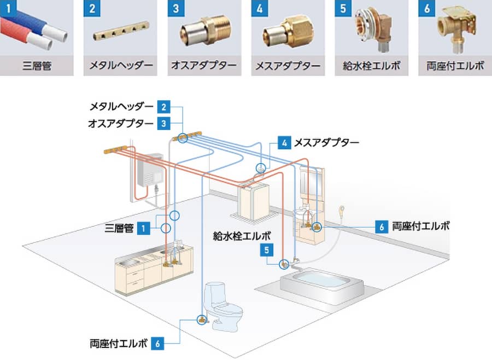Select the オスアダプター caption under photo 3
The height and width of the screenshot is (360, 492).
(204, 67)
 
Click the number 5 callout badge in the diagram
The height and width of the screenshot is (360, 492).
(266, 250)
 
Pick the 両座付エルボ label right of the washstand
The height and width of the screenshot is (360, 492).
(421, 227)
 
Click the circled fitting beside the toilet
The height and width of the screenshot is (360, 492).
(201, 318)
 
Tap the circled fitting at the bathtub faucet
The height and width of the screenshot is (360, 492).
(284, 264)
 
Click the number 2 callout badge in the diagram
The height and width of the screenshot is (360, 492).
(163, 106)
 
